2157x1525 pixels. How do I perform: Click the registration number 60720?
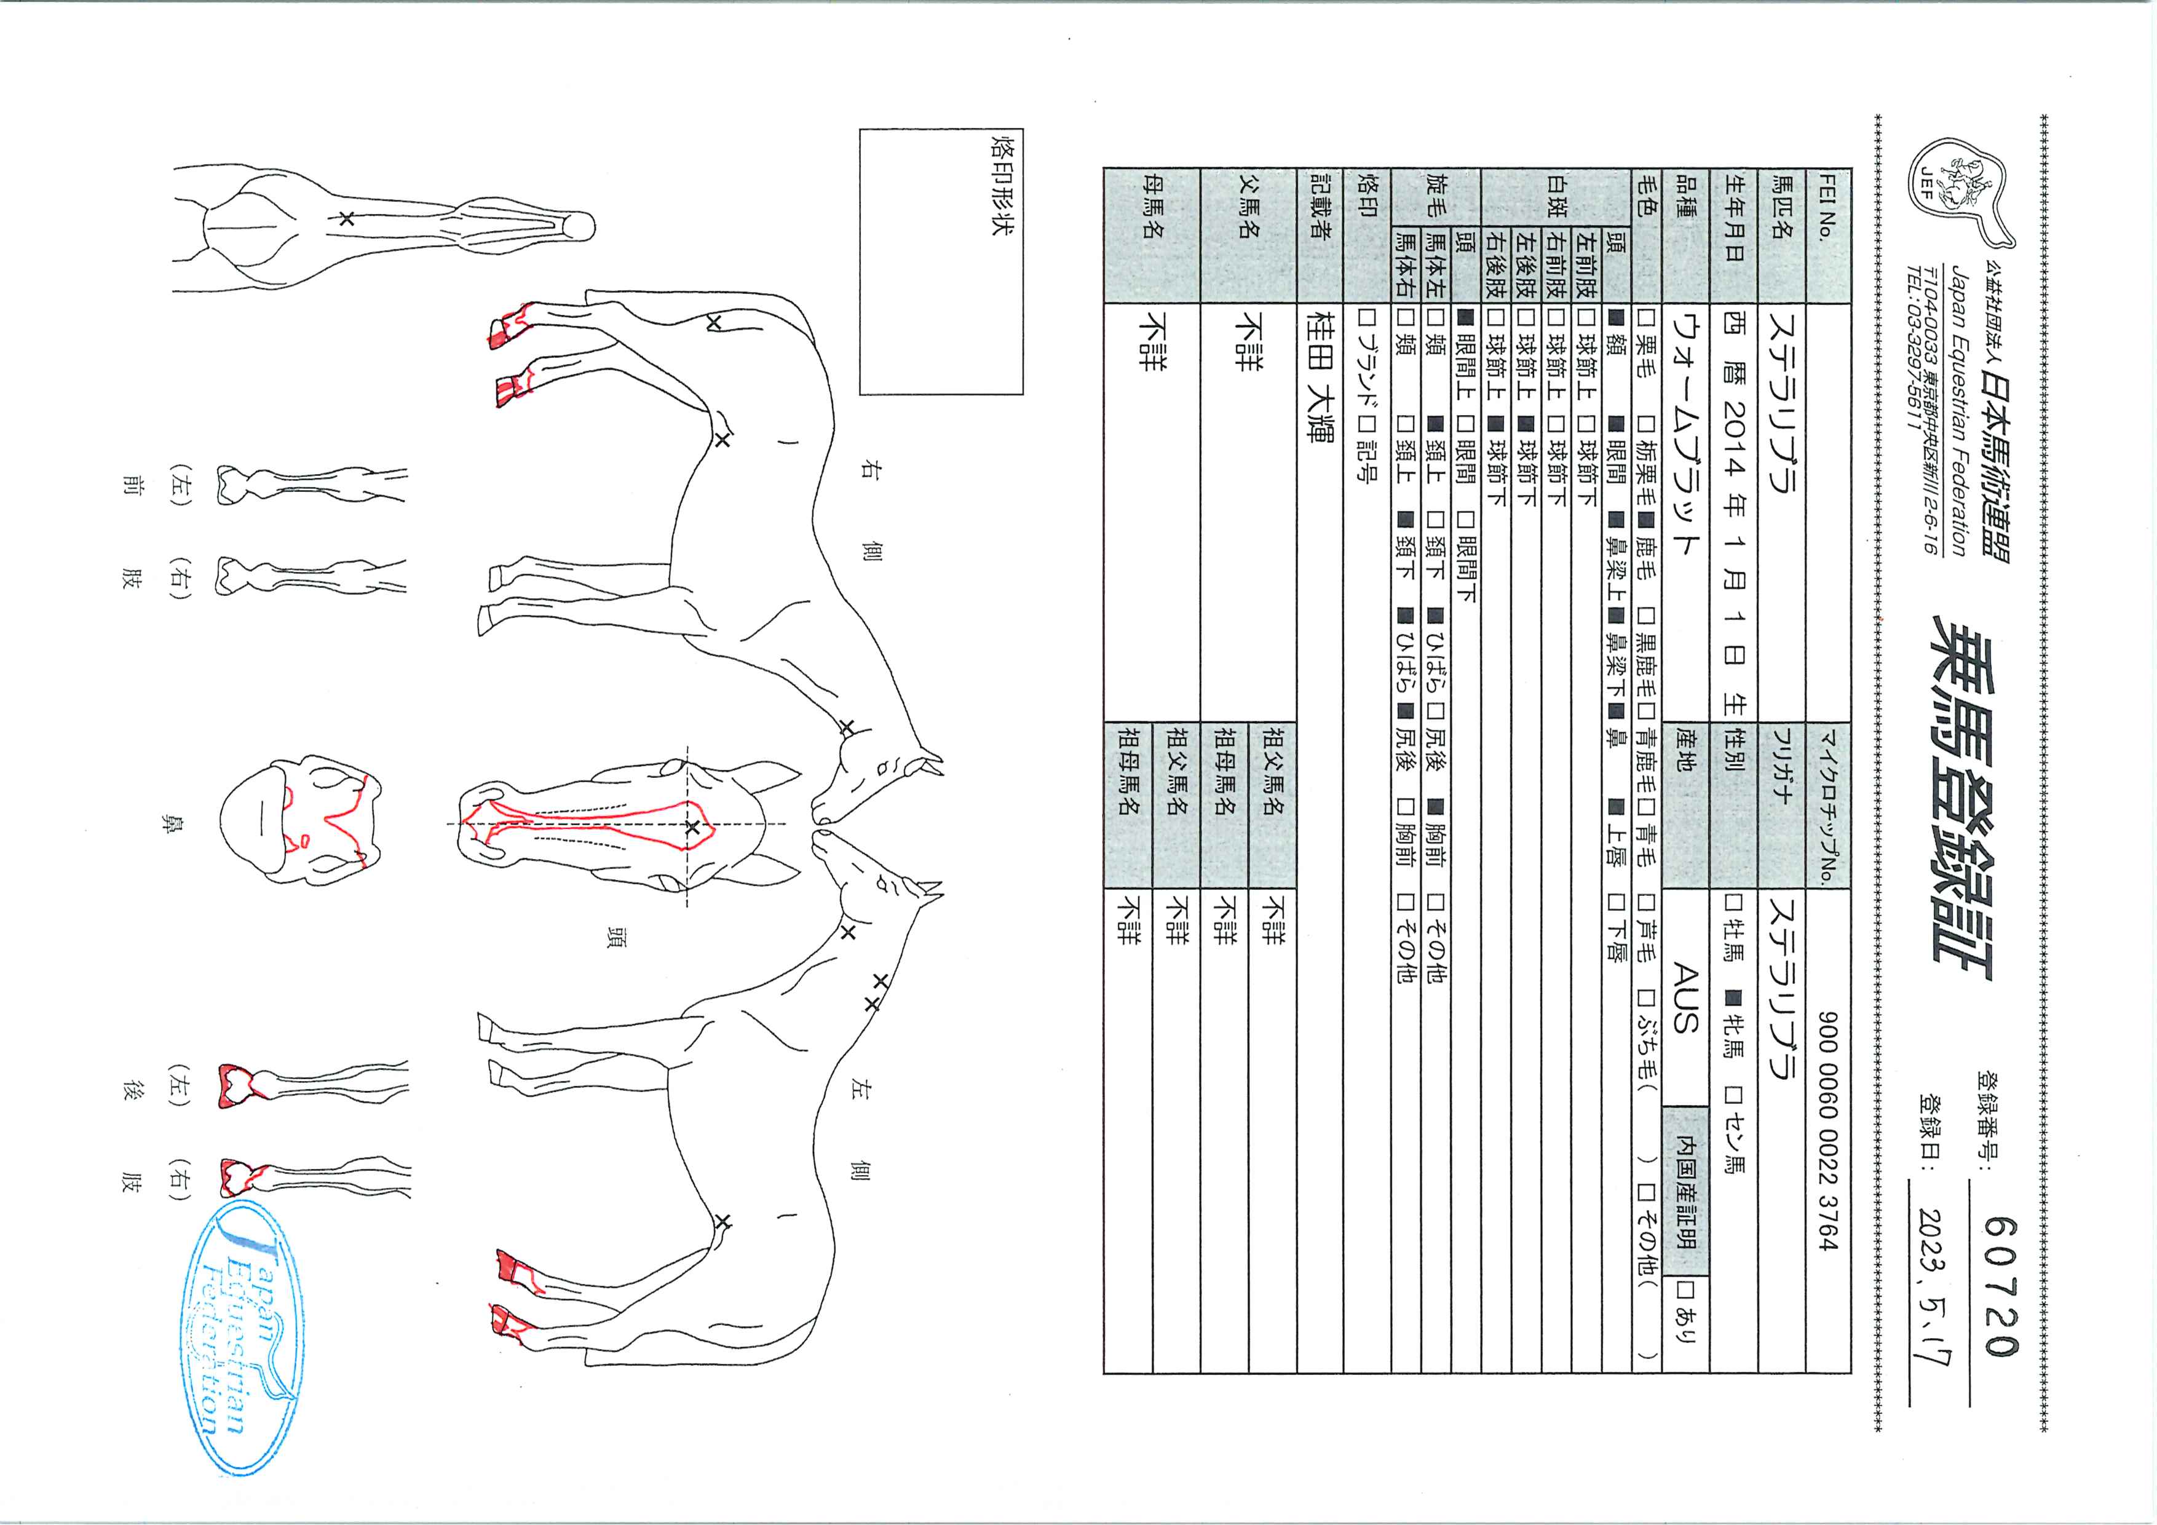coord(2000,1286)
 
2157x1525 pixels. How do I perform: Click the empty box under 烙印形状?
coord(940,310)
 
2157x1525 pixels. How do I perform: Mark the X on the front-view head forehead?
coord(692,828)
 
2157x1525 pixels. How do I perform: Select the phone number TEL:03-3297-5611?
coord(1911,347)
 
